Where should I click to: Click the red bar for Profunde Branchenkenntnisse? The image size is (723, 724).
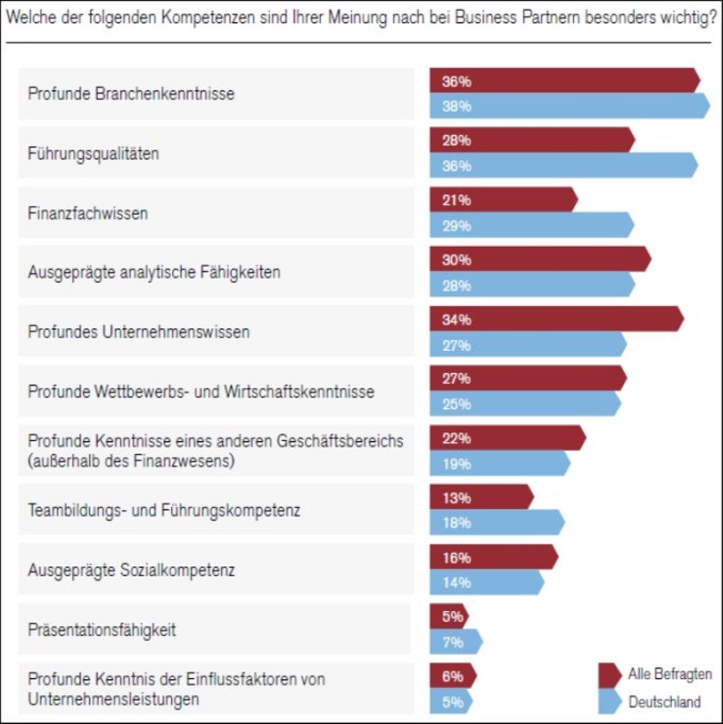(564, 81)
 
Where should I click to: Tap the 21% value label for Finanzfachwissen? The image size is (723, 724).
(456, 200)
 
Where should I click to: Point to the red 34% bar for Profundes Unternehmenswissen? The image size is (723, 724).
(555, 319)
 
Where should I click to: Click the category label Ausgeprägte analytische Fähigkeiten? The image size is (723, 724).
(154, 272)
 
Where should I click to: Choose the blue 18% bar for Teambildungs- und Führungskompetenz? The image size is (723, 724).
(496, 523)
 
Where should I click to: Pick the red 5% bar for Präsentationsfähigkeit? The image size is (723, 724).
(449, 616)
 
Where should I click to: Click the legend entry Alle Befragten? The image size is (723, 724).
(670, 675)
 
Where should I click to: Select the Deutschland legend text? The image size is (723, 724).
(665, 703)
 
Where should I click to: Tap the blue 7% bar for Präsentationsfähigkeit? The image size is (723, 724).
(456, 642)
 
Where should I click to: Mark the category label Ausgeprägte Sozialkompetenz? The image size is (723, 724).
(131, 571)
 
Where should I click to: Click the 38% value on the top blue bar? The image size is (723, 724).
(456, 106)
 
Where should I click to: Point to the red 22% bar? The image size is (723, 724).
(507, 438)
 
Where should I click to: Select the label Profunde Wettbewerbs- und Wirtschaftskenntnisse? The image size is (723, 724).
(201, 392)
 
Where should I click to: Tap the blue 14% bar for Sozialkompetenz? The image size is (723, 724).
(486, 582)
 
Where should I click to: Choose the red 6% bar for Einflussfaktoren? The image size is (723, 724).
(452, 676)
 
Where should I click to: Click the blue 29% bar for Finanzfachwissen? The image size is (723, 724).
(531, 225)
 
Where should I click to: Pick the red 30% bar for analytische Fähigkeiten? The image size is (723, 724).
(540, 259)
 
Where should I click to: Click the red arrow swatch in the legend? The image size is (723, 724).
(610, 675)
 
